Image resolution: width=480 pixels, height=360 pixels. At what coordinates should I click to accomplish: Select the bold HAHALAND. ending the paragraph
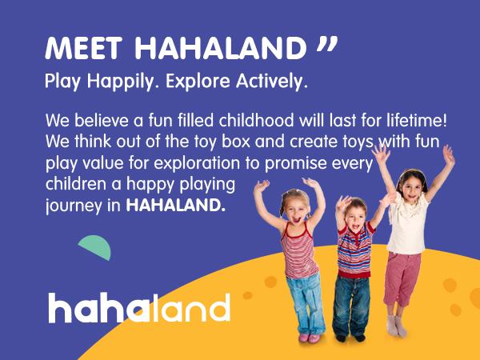tap(176, 206)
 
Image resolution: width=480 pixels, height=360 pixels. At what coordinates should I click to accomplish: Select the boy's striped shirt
tap(354, 254)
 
